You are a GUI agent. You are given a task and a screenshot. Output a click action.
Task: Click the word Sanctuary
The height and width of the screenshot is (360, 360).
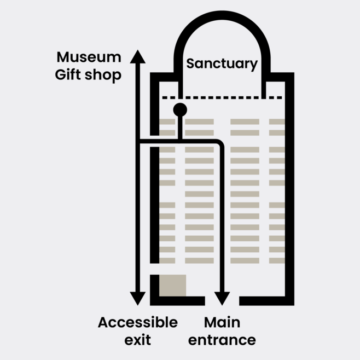(x=222, y=63)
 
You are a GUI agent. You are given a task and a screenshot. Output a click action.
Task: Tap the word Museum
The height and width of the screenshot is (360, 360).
(x=89, y=57)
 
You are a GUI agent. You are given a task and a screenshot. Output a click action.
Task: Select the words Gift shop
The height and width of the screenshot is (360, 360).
(x=88, y=75)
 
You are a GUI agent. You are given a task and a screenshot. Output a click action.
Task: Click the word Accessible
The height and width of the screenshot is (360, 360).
(x=138, y=323)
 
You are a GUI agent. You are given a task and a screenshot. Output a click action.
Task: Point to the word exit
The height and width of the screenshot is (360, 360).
(x=137, y=340)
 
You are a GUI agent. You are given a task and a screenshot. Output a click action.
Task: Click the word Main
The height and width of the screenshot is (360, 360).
(x=222, y=323)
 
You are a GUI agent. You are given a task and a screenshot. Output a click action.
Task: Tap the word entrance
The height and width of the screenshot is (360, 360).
(x=222, y=340)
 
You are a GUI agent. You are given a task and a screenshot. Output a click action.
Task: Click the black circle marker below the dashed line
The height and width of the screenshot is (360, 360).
(x=180, y=110)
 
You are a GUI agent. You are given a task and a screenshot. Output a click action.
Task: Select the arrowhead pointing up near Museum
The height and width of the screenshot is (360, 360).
(x=138, y=56)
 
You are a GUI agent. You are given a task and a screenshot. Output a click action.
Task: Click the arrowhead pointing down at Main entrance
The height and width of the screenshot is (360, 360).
(x=222, y=298)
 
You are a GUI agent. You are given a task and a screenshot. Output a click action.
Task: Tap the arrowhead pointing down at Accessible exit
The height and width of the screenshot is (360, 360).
(x=138, y=298)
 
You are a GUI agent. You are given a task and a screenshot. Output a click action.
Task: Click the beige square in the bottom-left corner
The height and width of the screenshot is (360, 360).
(x=172, y=285)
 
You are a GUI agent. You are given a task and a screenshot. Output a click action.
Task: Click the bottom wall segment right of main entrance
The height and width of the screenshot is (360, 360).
(x=266, y=301)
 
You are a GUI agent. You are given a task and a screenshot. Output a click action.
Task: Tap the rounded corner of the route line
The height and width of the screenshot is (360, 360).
(x=219, y=143)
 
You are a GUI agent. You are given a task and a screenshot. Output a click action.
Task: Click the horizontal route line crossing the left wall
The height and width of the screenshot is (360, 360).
(x=155, y=142)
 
